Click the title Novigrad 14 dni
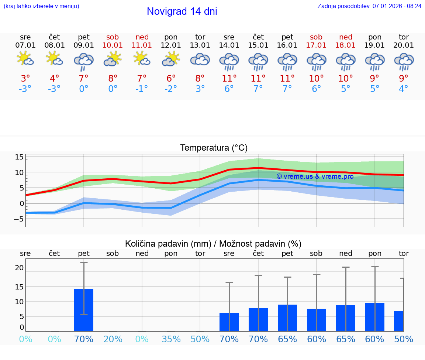tap(182, 11)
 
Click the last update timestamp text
tap(369, 6)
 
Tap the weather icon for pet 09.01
tap(84, 61)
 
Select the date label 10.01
tap(113, 45)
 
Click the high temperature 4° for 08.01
tap(55, 78)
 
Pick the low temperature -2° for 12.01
tap(171, 89)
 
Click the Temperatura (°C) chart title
tap(214, 148)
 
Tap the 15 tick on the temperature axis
tap(19, 157)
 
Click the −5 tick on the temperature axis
tap(18, 219)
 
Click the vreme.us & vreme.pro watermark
tap(315, 176)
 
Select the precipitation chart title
tap(213, 244)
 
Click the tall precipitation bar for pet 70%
tap(84, 310)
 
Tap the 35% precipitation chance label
tap(171, 339)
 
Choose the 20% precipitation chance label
tap(113, 339)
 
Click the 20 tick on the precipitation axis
tap(19, 268)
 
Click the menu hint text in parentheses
tap(41, 6)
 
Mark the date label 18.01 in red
tap(346, 45)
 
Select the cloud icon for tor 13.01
tap(200, 59)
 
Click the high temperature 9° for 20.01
tap(404, 78)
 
